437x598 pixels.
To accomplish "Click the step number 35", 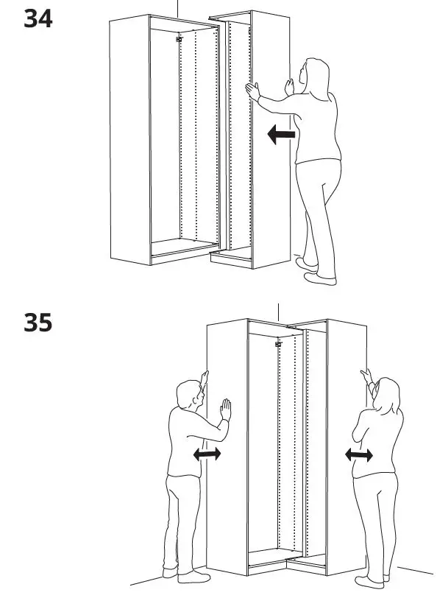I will (x=38, y=322).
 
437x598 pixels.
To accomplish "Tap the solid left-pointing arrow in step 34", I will (x=281, y=135).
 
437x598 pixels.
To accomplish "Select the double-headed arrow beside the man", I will (x=207, y=455).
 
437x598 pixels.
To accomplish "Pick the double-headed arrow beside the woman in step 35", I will (x=359, y=456).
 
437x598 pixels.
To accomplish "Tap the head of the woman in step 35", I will (x=387, y=395).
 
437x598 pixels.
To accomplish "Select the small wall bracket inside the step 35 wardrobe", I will (x=278, y=344).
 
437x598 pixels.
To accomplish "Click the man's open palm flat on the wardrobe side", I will (x=225, y=410).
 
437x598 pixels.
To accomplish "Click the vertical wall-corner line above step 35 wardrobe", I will (x=277, y=310).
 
